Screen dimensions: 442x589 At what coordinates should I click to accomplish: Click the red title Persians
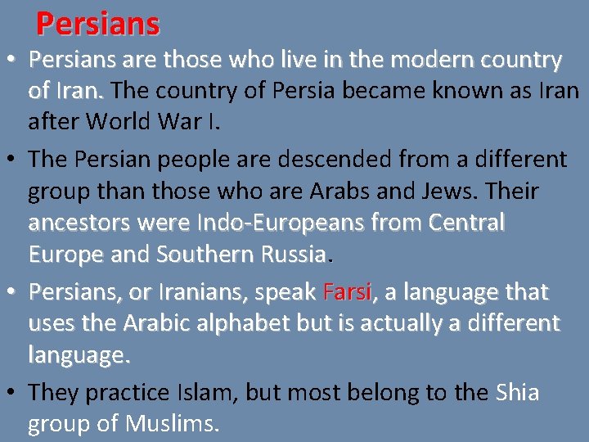click(x=97, y=24)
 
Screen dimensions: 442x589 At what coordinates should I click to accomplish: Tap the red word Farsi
click(x=348, y=292)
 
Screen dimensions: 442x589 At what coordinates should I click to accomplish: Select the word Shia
click(x=518, y=392)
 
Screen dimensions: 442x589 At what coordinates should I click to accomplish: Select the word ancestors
click(x=81, y=223)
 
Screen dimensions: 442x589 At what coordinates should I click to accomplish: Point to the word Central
click(x=466, y=223)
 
